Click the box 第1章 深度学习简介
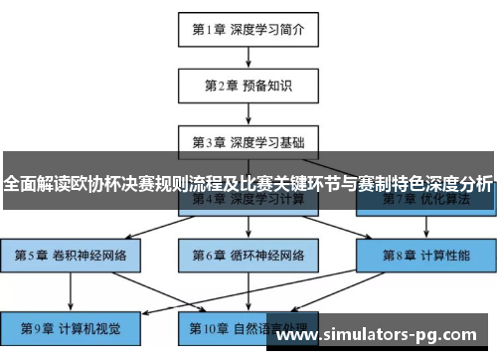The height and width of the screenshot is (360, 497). (x=248, y=29)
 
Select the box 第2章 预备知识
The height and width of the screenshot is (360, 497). (x=248, y=85)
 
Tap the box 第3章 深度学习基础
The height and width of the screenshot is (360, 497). (x=248, y=141)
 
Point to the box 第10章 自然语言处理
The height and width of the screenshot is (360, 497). (x=248, y=327)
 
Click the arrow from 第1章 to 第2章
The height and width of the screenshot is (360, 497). (x=248, y=57)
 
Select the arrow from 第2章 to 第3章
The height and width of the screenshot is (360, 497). (x=248, y=113)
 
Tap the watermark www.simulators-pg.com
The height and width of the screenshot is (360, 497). (x=383, y=332)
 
